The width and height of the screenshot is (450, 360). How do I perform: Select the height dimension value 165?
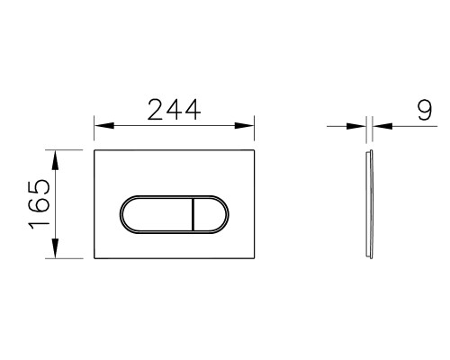tap(38, 204)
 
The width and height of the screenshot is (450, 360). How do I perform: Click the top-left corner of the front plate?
tap(94, 150)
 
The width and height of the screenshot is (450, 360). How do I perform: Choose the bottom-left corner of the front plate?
tap(94, 259)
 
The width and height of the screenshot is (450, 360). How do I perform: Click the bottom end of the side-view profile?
tap(369, 259)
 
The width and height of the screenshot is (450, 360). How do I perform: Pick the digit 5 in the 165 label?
tap(38, 188)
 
